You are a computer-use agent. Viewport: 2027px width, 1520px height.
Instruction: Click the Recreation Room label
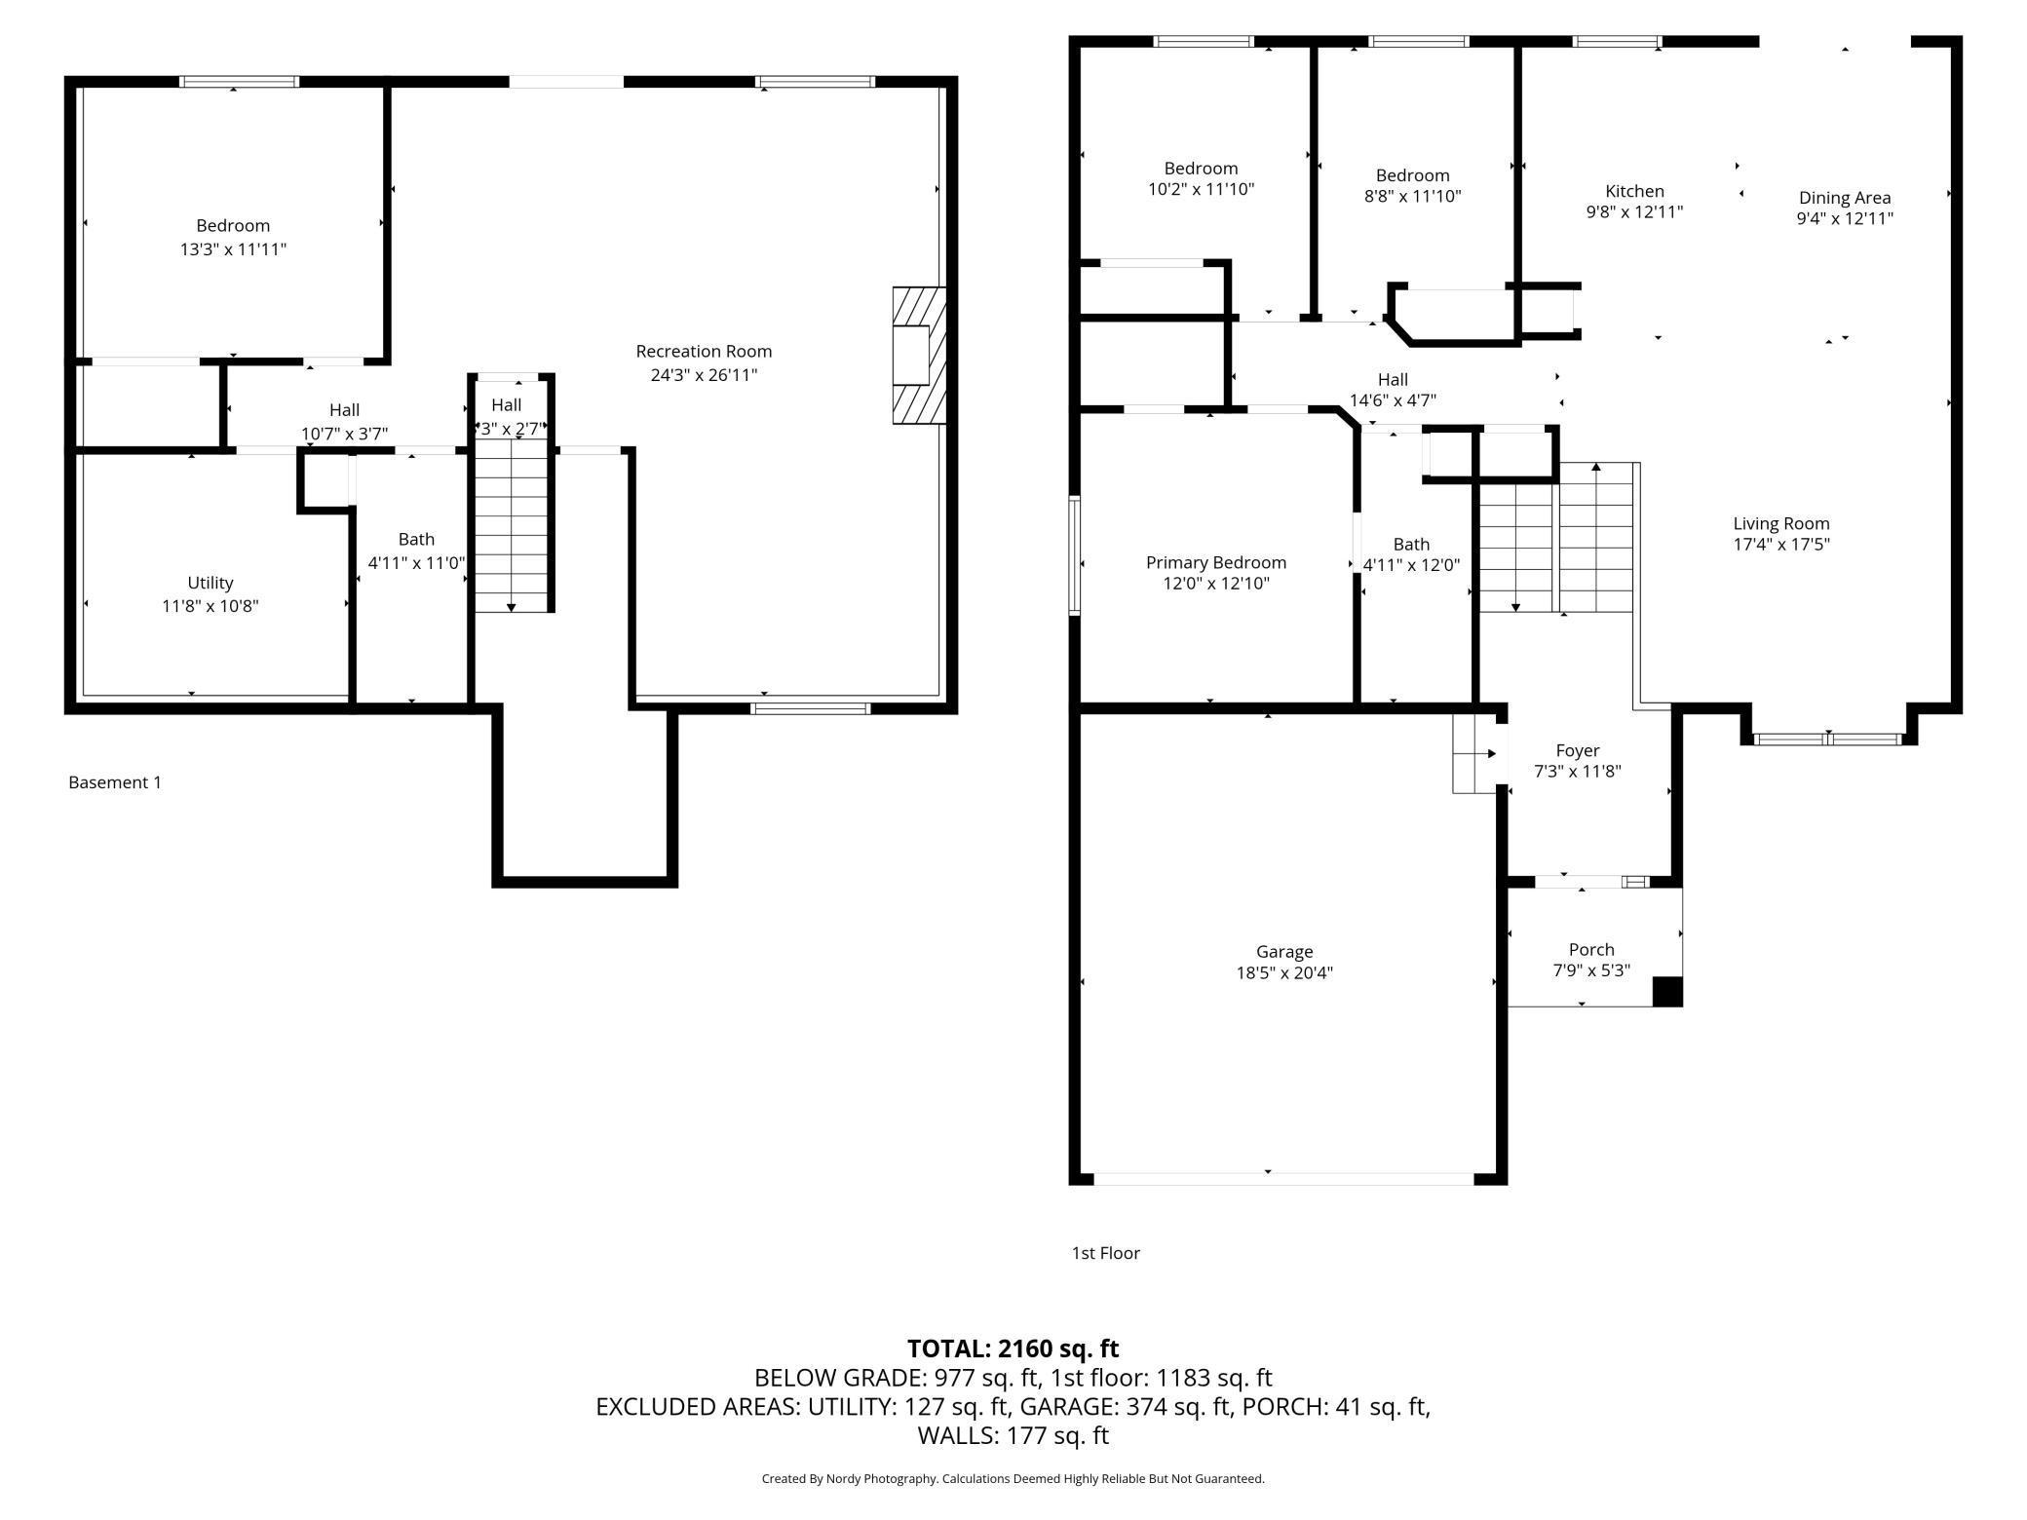tap(704, 352)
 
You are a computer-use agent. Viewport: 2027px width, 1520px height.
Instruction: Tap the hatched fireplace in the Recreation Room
tap(919, 355)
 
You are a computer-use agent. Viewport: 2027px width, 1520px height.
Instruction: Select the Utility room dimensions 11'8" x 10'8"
tap(210, 606)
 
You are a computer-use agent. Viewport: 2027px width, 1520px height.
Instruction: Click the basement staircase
tap(512, 526)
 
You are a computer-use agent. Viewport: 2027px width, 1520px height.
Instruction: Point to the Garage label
tap(1284, 952)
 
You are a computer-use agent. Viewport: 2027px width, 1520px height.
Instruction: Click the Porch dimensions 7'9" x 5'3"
tap(1591, 970)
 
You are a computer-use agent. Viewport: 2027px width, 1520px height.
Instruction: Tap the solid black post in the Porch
tap(1667, 991)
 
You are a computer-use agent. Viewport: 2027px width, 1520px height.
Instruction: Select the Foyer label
tap(1578, 750)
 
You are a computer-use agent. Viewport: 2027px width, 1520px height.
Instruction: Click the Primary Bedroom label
tap(1216, 562)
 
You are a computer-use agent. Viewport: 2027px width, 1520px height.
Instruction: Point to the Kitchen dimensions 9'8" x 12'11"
tap(1635, 211)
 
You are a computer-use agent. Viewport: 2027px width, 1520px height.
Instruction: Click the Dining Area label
tap(1845, 198)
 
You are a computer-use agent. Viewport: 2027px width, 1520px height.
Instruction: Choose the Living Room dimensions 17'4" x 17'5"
tap(1781, 545)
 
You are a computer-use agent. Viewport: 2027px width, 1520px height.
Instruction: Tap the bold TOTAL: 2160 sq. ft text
tap(1013, 1349)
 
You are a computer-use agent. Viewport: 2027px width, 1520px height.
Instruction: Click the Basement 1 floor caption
tap(115, 782)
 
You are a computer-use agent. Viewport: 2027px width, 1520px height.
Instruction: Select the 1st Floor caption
tap(1106, 1253)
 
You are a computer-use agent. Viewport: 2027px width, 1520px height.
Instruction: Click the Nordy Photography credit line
tap(1013, 1478)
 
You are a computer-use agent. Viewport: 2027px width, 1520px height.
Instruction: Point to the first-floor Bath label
tap(1411, 545)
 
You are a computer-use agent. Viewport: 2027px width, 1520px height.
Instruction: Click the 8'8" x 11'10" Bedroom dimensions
tap(1412, 196)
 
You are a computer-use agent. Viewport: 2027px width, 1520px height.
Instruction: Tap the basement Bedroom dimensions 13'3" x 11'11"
tap(233, 249)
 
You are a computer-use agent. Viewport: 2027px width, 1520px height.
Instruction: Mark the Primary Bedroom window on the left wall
tap(1075, 555)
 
